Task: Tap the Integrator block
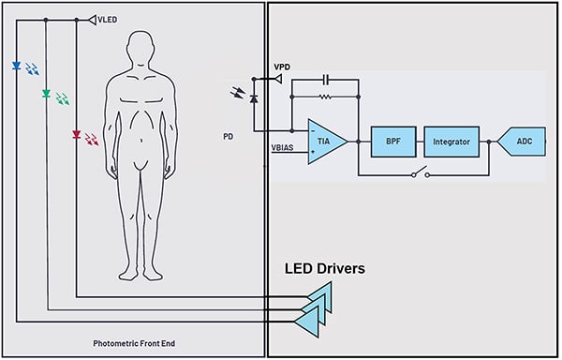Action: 451,141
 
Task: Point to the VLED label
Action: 109,19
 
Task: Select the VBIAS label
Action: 283,148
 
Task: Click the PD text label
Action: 228,135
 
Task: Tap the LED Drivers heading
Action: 324,269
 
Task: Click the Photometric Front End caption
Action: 134,344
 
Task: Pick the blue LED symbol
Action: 17,67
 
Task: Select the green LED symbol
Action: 46,94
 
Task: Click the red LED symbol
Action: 76,136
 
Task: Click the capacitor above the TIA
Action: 326,79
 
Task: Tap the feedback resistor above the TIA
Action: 325,96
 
